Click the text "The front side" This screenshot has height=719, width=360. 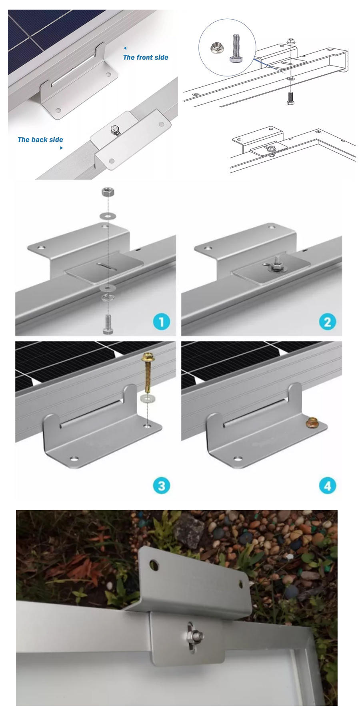pos(146,57)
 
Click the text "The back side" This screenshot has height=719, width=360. pos(40,140)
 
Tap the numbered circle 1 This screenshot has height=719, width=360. pos(161,322)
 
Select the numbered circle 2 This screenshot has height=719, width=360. pos(328,322)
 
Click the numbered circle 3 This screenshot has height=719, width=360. pos(161,486)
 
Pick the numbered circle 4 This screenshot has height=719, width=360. pos(328,486)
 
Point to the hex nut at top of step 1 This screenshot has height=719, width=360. pos(107,192)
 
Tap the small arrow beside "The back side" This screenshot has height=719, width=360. pos(61,148)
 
